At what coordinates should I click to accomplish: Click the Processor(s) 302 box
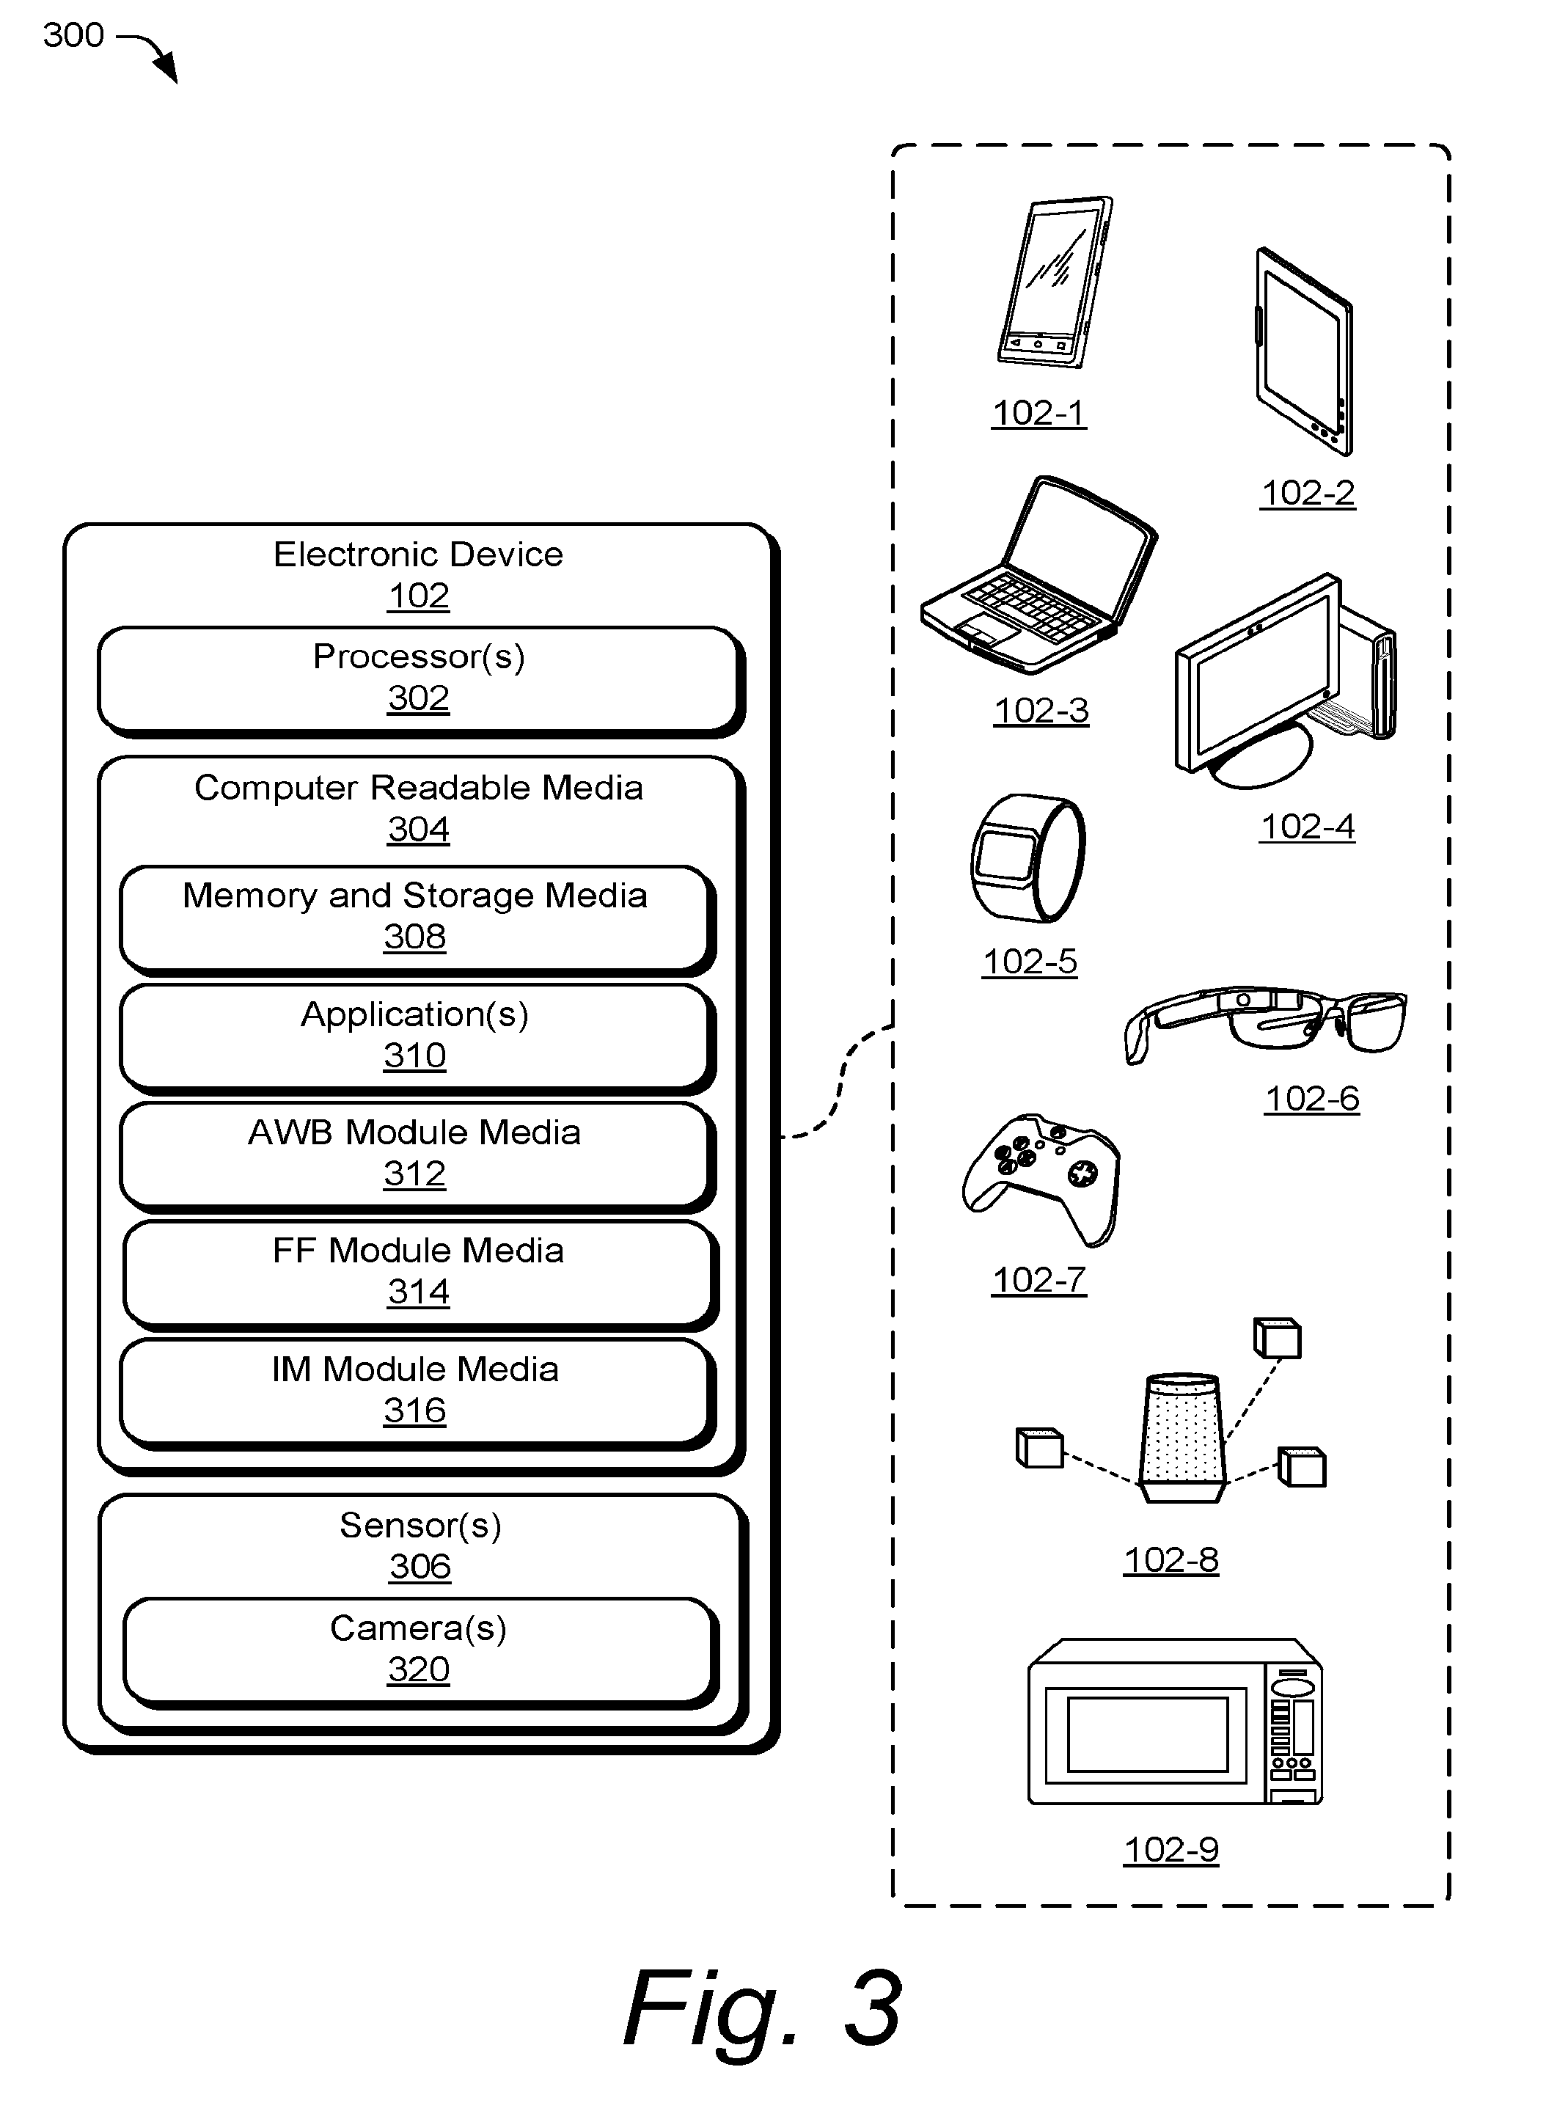click(420, 681)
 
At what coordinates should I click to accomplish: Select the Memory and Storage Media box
click(417, 919)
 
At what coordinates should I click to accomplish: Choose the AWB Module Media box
click(417, 1156)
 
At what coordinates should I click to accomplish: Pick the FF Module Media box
click(420, 1274)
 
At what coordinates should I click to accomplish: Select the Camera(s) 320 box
click(420, 1653)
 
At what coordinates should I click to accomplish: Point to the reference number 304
click(417, 830)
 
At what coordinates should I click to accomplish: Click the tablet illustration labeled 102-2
click(1304, 351)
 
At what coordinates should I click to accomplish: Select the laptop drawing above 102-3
click(1038, 575)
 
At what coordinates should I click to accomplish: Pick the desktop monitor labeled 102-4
click(1285, 681)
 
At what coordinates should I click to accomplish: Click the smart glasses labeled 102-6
click(1265, 1023)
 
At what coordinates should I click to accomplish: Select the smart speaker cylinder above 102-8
click(1182, 1437)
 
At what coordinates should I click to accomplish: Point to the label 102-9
click(1171, 1850)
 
